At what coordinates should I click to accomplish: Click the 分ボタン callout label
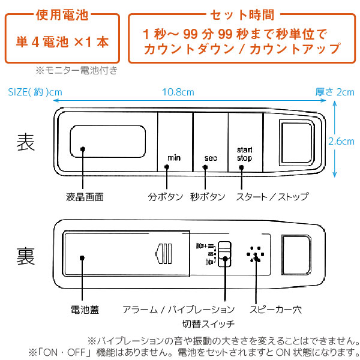pos(165,196)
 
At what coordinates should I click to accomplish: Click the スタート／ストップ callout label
pos(272,196)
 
